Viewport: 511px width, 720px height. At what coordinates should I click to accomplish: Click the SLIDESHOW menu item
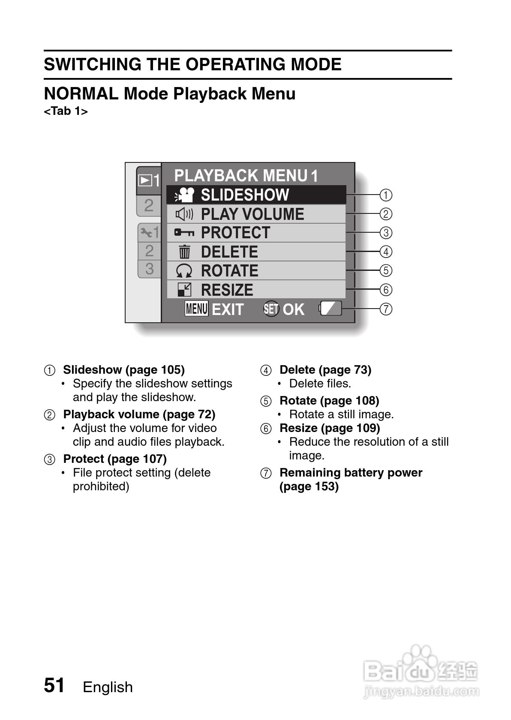[x=245, y=195]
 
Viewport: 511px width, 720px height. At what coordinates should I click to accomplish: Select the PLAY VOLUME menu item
[x=252, y=214]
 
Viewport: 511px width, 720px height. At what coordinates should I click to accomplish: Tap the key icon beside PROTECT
[x=184, y=233]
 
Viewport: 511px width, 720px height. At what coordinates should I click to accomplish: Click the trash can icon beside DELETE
[x=184, y=252]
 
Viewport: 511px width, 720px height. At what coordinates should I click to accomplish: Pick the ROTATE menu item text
[x=229, y=271]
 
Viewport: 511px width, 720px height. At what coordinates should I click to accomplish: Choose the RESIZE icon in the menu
[x=184, y=290]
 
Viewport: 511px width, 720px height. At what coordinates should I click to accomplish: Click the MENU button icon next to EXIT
[x=196, y=309]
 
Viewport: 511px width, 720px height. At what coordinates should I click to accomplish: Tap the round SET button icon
[x=271, y=309]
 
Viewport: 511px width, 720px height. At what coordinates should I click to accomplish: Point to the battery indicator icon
[x=331, y=309]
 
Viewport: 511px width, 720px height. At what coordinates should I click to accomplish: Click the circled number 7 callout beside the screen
[x=386, y=309]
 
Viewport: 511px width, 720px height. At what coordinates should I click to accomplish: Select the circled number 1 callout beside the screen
[x=386, y=195]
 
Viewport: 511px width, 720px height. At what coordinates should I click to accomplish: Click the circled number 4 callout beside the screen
[x=386, y=252]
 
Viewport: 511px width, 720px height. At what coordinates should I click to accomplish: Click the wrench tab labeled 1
[x=149, y=233]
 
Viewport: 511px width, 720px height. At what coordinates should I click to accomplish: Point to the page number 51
[x=54, y=685]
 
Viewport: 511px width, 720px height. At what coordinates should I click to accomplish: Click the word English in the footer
[x=108, y=687]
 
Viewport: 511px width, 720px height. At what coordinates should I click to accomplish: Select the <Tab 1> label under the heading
[x=66, y=111]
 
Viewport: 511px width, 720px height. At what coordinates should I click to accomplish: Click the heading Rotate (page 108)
[x=329, y=401]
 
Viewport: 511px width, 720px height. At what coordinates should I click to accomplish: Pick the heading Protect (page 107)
[x=114, y=459]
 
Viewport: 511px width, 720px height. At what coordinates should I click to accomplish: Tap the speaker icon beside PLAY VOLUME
[x=184, y=214]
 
